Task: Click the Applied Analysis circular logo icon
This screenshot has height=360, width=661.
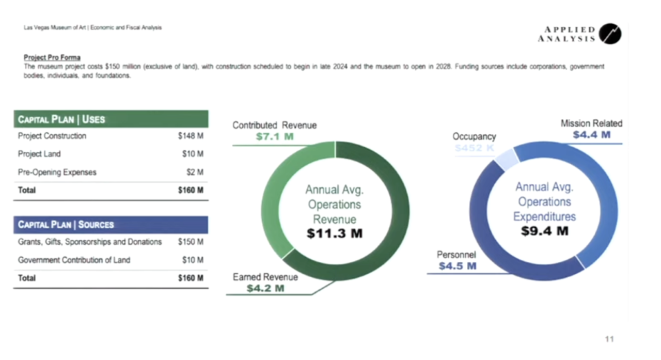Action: pos(610,34)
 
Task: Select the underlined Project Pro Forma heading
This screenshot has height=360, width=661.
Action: pos(52,57)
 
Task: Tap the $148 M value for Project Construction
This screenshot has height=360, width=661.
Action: pos(191,136)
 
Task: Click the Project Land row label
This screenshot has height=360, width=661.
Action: pos(39,154)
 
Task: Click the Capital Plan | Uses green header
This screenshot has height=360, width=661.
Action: pos(111,119)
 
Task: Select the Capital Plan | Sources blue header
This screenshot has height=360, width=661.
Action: pos(111,225)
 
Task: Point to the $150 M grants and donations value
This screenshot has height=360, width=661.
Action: pos(191,242)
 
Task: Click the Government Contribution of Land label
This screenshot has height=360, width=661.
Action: pos(74,260)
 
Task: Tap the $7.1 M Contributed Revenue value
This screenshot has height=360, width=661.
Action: pos(275,137)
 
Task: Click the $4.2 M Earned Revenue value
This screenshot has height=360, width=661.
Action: pos(265,288)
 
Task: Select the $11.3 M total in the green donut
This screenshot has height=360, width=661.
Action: pos(335,233)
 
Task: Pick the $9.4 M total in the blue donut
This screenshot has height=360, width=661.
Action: pos(544,231)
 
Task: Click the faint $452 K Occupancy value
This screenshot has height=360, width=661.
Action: pos(474,148)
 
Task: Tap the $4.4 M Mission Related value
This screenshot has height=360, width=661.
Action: pos(591,135)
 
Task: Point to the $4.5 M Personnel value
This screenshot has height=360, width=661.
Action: pos(458,266)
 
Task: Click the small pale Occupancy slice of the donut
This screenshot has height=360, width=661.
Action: pos(506,158)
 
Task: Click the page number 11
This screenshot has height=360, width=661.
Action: pos(609,339)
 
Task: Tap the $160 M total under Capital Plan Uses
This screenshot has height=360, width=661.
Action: pos(191,190)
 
